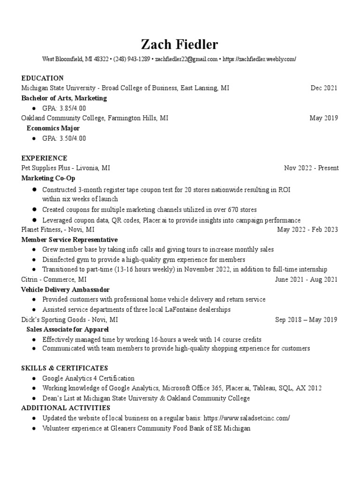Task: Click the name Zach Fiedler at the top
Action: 180,45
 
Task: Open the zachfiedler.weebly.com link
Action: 259,60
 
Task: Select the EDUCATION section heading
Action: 42,78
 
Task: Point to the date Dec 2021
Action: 324,88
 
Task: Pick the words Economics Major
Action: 53,128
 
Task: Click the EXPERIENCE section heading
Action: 44,158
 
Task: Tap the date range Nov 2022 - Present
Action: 311,168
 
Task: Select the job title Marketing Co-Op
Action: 48,178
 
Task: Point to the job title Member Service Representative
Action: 69,240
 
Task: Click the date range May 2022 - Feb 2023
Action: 307,230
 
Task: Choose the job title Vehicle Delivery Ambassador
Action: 65,290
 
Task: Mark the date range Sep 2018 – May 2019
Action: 306,320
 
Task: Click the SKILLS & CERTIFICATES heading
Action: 65,368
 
